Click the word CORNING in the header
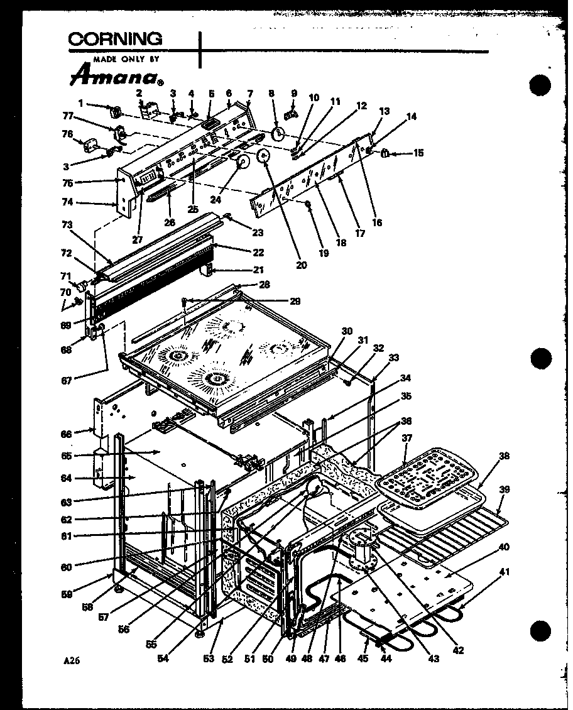point(114,39)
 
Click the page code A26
point(72,660)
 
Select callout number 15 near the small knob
point(418,153)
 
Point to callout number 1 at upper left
point(80,103)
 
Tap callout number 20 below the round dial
point(301,265)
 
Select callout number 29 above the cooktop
point(295,302)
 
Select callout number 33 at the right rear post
point(394,358)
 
